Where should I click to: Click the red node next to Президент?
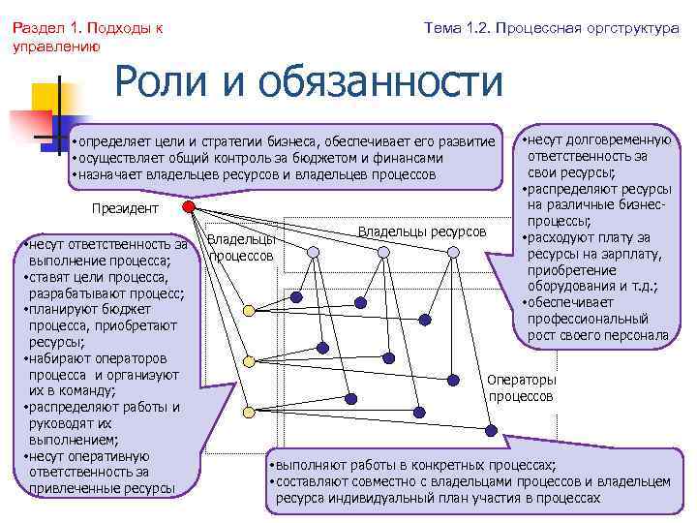[189, 207]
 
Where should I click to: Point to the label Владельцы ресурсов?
[422, 231]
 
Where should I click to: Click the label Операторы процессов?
[522, 387]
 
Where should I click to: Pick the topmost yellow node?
[248, 310]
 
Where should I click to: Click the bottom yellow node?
[248, 412]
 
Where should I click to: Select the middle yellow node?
[248, 360]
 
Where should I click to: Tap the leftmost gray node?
[312, 252]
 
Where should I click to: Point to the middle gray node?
[383, 252]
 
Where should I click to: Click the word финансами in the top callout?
[411, 158]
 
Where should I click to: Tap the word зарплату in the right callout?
[629, 255]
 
